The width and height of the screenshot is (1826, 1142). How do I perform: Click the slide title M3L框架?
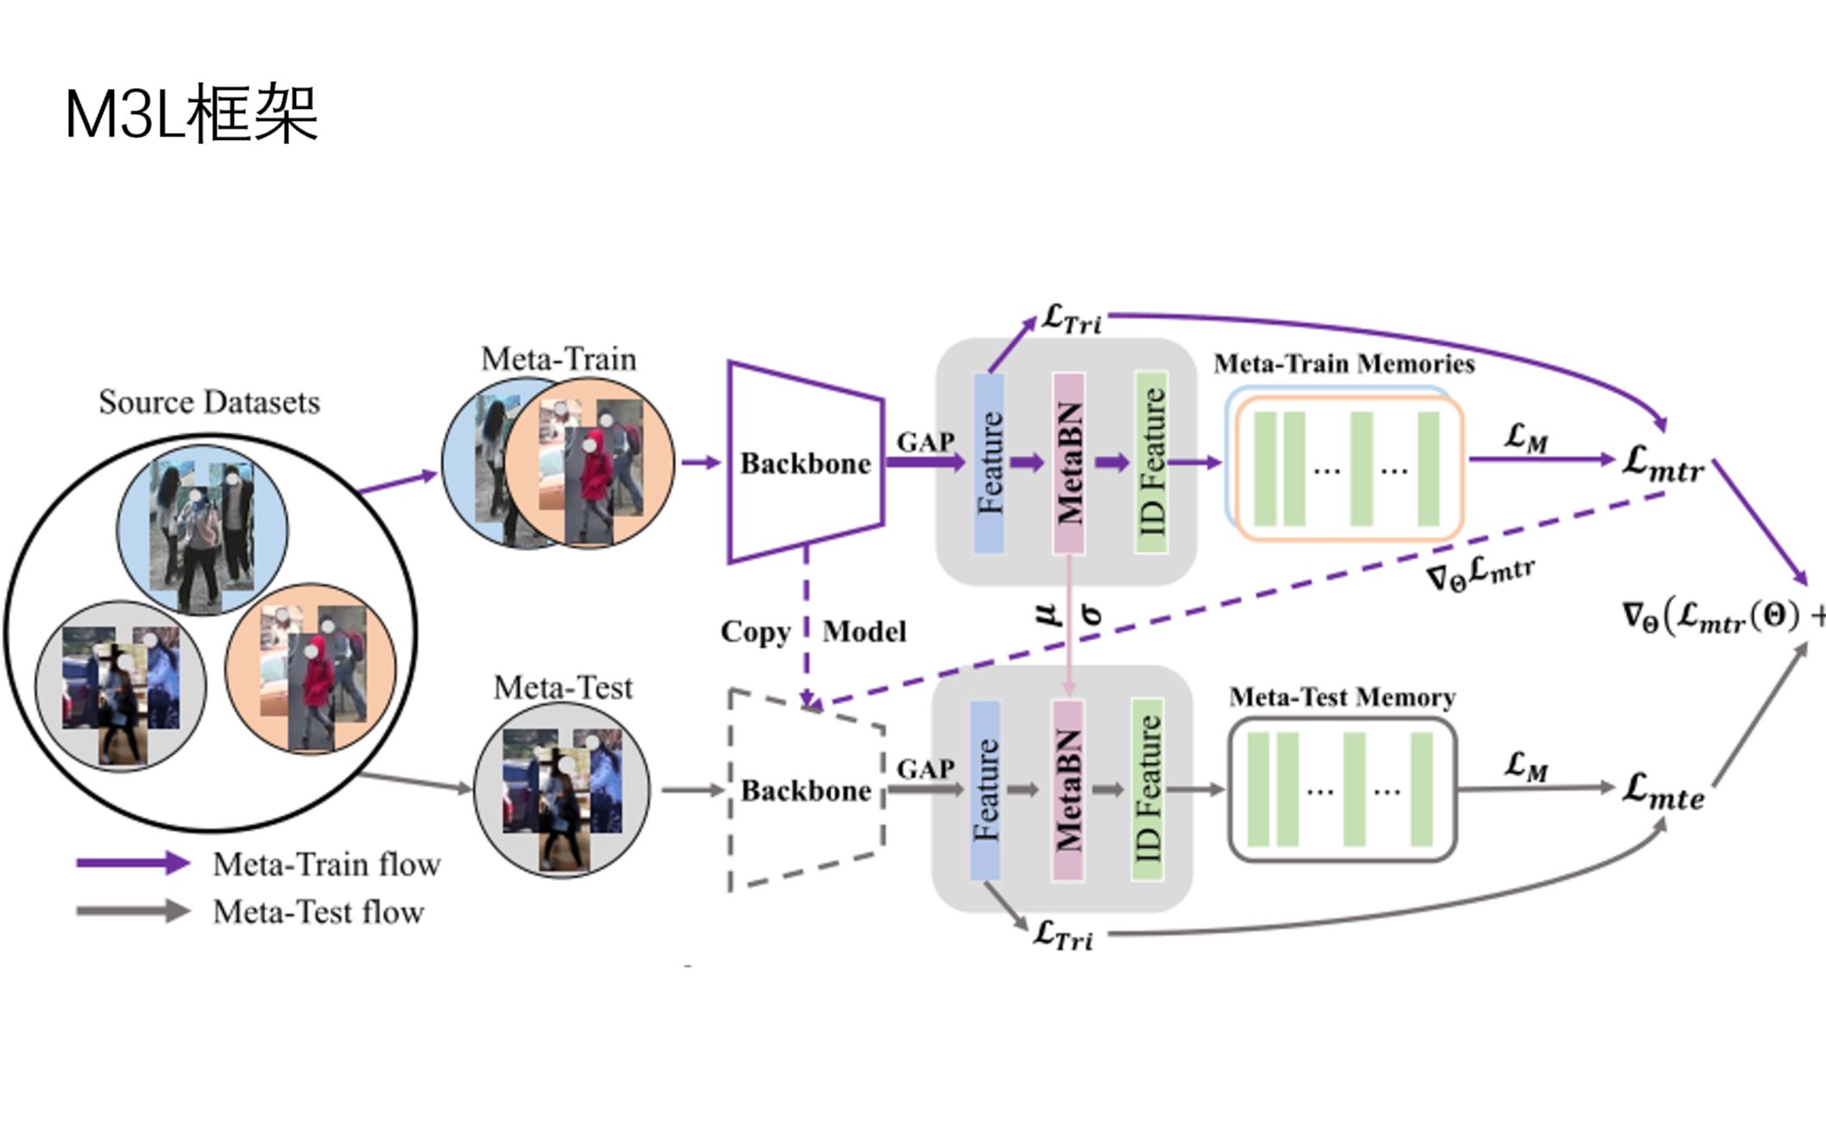pos(192,113)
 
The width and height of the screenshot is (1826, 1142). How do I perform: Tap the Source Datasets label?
pos(209,402)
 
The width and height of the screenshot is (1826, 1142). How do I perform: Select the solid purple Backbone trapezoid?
pos(805,463)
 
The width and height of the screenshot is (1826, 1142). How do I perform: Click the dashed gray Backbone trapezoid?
pos(805,790)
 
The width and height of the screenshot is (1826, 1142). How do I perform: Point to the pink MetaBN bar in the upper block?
pos(1068,463)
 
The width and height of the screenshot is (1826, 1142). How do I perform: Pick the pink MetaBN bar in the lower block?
pos(1067,790)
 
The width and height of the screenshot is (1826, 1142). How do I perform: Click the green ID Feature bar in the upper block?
pos(1151,463)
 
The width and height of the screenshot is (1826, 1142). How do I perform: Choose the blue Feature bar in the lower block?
pos(985,790)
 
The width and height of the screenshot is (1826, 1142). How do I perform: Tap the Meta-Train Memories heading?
pos(1344,363)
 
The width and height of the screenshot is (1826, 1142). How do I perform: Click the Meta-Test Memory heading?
pos(1342,697)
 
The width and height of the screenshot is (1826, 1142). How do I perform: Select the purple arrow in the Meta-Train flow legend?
pos(133,863)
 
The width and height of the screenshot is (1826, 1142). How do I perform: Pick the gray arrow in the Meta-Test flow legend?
pos(133,911)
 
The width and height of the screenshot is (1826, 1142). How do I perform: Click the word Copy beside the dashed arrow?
pos(755,632)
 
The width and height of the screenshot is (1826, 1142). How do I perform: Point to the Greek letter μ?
pos(1046,614)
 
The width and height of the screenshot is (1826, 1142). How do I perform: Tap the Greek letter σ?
pos(1091,614)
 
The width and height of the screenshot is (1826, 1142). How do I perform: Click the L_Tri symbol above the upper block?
pos(1071,319)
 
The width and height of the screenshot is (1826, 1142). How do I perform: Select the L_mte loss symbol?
pos(1663,791)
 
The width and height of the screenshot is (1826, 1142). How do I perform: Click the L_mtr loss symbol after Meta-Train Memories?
pos(1663,464)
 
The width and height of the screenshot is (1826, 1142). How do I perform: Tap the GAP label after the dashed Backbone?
pos(925,768)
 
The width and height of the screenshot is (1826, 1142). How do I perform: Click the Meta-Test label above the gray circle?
pos(563,688)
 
